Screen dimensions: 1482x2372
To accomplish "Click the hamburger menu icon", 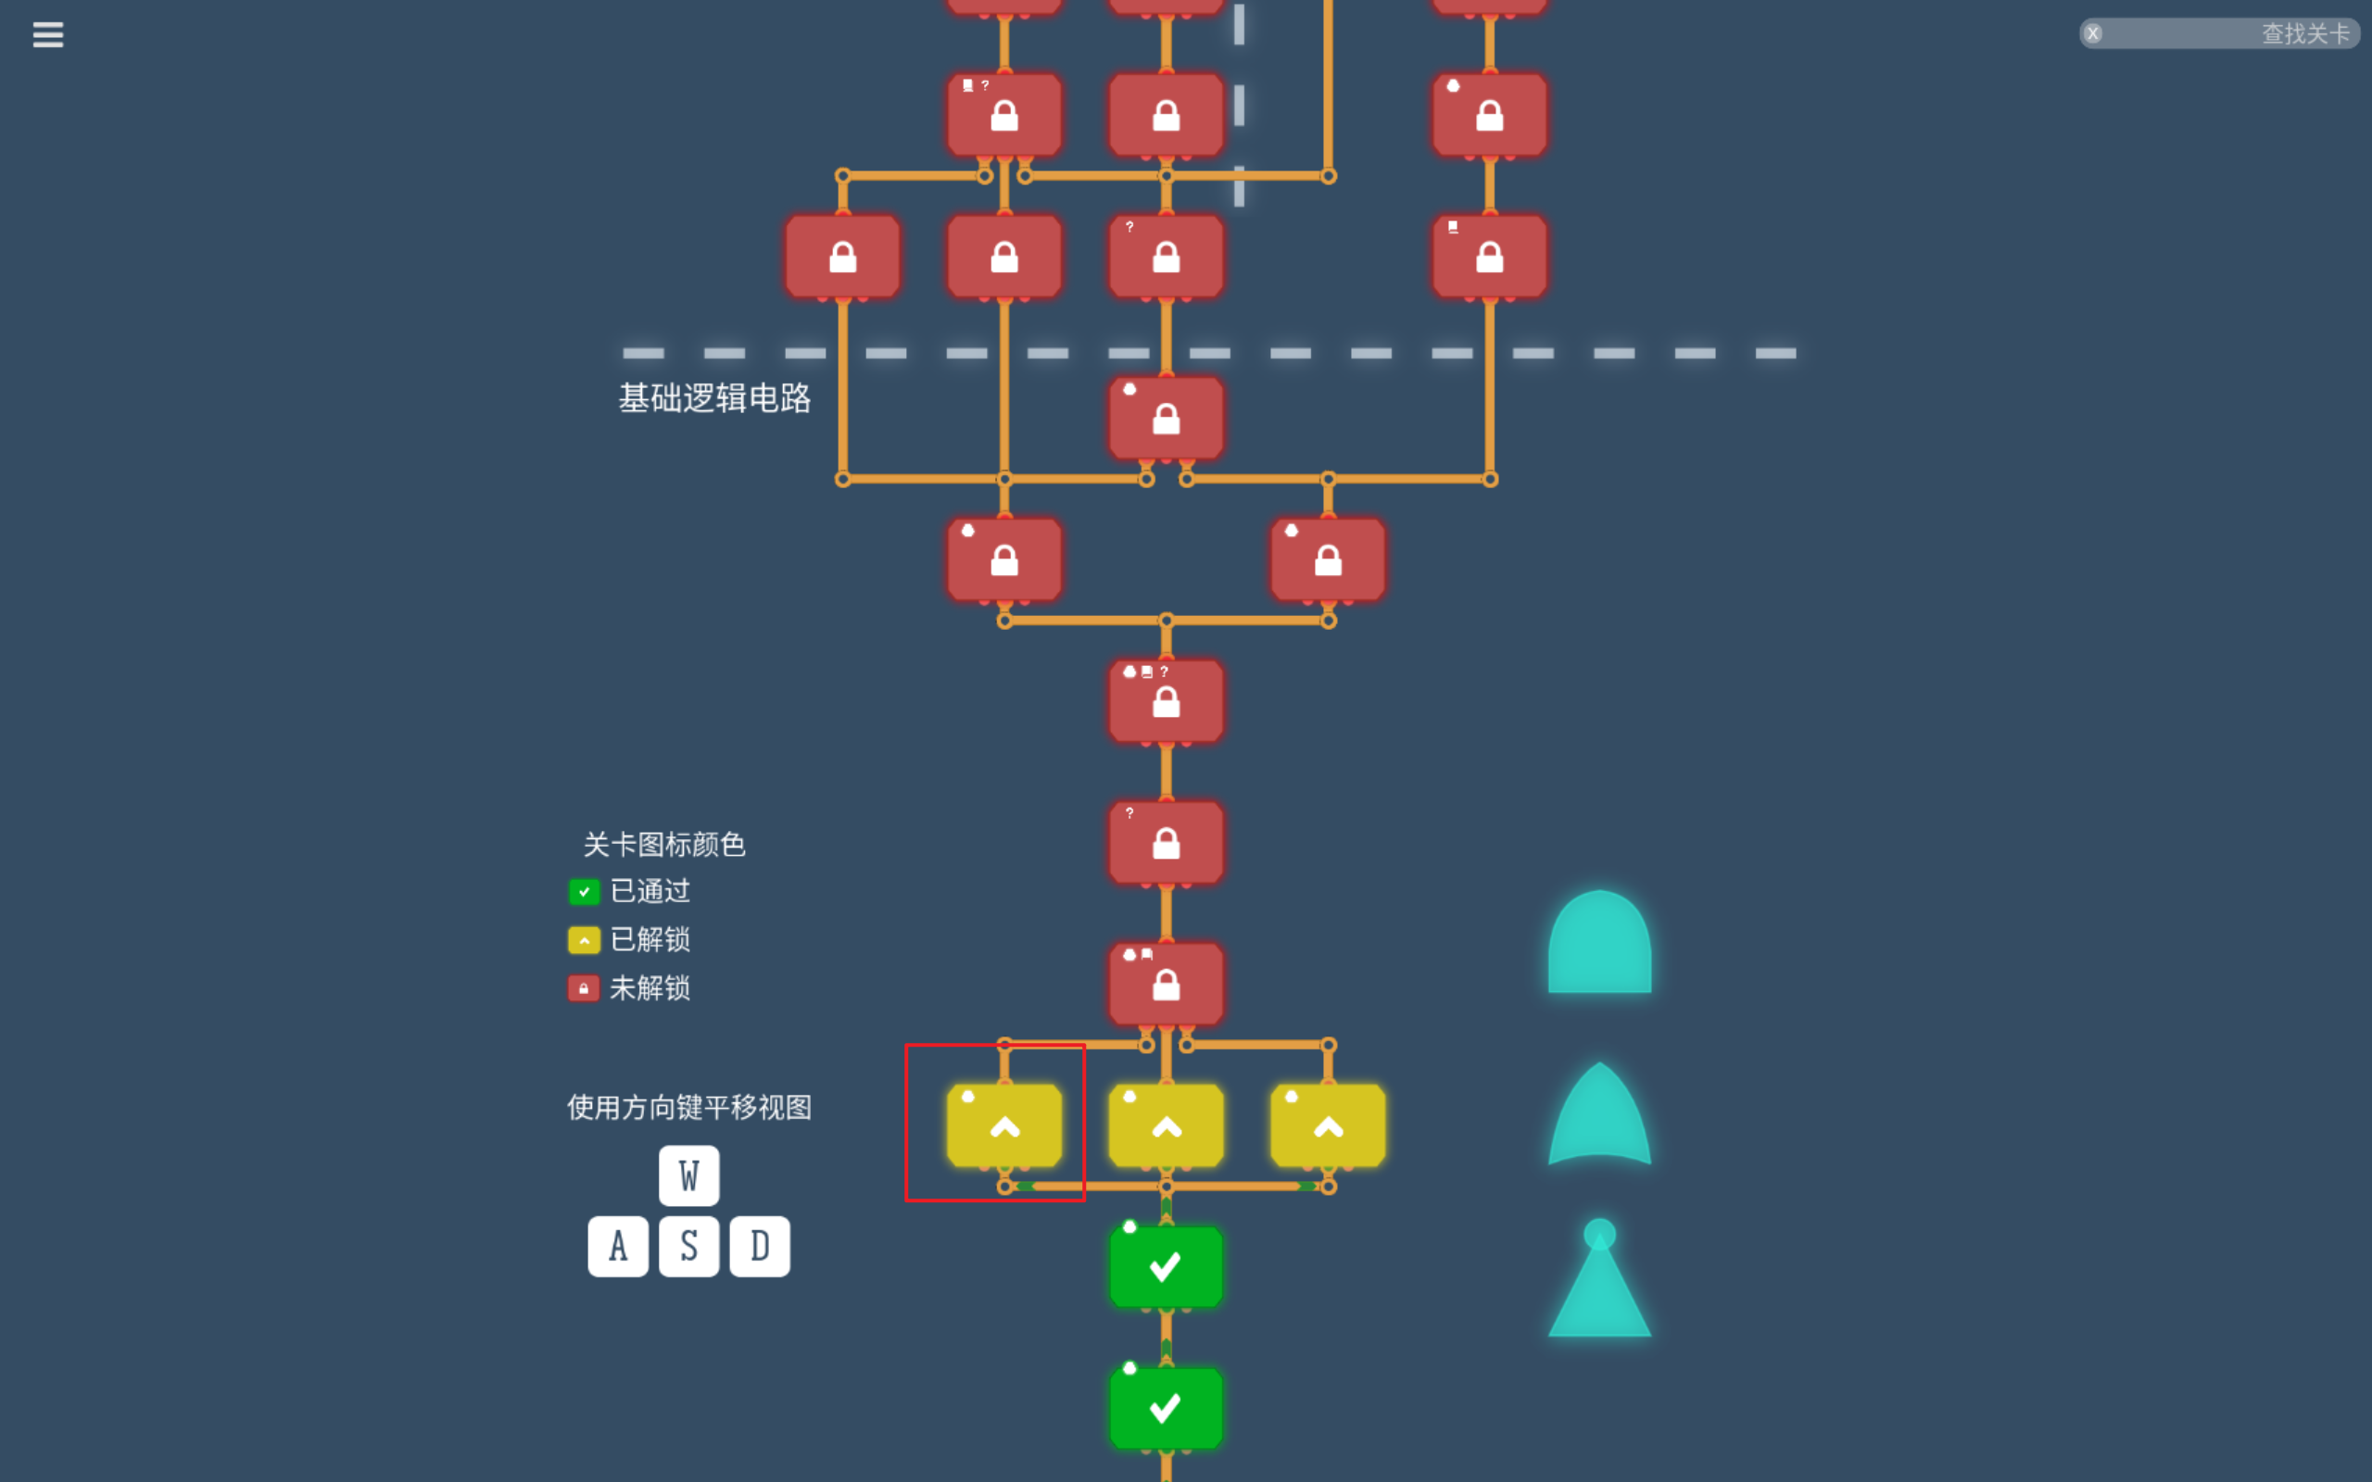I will pyautogui.click(x=48, y=35).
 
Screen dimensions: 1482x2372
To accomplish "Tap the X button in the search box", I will pyautogui.click(x=2093, y=34).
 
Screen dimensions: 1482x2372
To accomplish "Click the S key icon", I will pyautogui.click(x=688, y=1246).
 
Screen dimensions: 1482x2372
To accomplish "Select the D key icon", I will pyautogui.click(x=760, y=1246).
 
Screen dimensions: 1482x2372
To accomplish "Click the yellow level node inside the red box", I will pyautogui.click(x=1003, y=1126).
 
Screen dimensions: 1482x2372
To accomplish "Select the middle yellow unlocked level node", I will pyautogui.click(x=1166, y=1126).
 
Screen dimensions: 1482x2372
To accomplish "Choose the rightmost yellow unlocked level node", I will pyautogui.click(x=1327, y=1126).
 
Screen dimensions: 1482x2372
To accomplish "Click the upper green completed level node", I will pyautogui.click(x=1166, y=1266).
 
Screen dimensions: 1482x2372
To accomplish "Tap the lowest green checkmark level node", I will pyautogui.click(x=1166, y=1408).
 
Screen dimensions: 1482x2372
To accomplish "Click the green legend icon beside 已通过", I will pyautogui.click(x=584, y=892).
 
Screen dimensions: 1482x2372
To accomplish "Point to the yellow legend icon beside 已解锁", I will pyautogui.click(x=584, y=940).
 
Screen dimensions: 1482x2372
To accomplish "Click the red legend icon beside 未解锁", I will pyautogui.click(x=584, y=988).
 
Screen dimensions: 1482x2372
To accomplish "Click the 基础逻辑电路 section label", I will pyautogui.click(x=714, y=398).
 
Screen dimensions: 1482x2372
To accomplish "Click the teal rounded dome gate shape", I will pyautogui.click(x=1598, y=944).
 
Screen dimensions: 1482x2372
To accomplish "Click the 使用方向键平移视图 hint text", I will pyautogui.click(x=689, y=1108).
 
